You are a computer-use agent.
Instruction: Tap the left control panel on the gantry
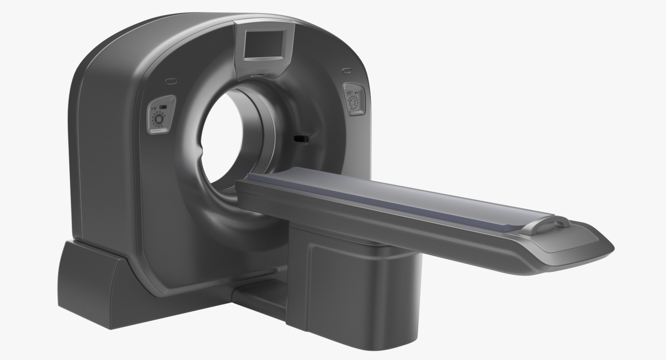point(160,115)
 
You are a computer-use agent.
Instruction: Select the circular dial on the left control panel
point(159,119)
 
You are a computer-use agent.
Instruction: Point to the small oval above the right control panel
point(346,70)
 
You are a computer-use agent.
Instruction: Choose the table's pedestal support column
point(355,279)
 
